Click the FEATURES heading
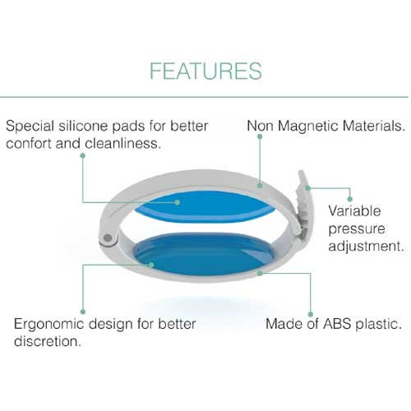(x=205, y=71)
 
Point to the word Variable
(x=354, y=211)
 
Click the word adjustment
(x=366, y=246)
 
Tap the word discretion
(x=48, y=341)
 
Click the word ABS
(x=337, y=324)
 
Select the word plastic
(x=378, y=324)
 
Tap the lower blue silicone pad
(x=203, y=253)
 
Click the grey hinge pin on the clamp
(x=108, y=238)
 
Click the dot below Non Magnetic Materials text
(x=260, y=136)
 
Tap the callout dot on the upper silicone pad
(x=178, y=202)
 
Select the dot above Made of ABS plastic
(x=311, y=314)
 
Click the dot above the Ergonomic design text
(x=83, y=312)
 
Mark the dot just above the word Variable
(x=349, y=199)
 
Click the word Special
(x=30, y=127)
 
